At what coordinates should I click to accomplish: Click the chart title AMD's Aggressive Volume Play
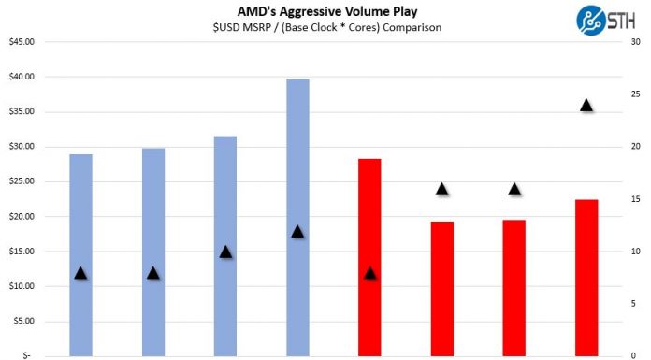[325, 10]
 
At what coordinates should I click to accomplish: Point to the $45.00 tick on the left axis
[22, 41]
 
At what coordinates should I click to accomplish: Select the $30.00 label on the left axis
[22, 147]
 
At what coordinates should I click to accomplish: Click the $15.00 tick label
[22, 252]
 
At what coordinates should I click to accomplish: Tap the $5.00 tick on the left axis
[23, 321]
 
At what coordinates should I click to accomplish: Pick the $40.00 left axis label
[22, 77]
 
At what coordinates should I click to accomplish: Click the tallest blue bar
[297, 215]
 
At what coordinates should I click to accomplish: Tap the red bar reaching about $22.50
[586, 281]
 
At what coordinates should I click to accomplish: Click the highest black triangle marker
[586, 105]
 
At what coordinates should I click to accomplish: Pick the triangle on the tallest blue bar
[297, 231]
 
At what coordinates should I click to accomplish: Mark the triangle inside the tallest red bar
[369, 273]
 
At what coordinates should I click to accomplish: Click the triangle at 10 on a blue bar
[225, 252]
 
